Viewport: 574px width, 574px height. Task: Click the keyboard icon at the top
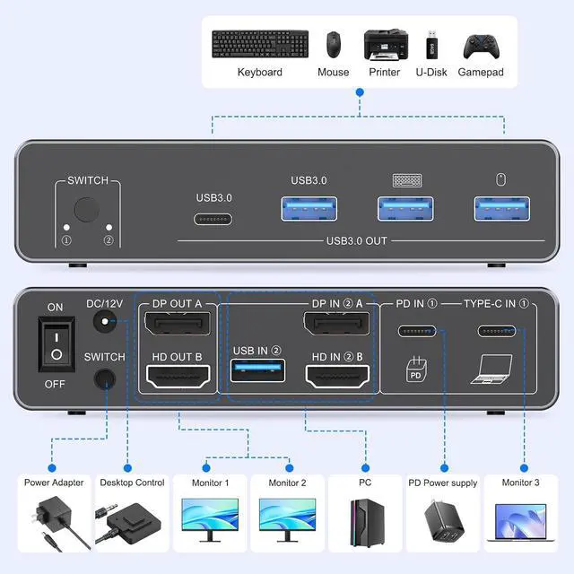(260, 42)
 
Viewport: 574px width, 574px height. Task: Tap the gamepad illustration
(481, 45)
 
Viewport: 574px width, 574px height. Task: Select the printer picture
(386, 44)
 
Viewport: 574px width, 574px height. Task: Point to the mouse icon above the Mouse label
(334, 43)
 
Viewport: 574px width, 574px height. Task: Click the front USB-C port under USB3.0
(213, 219)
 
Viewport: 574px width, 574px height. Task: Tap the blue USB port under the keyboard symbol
(405, 207)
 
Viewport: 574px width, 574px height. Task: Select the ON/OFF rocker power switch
(56, 345)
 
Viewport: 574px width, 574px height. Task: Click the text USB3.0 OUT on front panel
(357, 240)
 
